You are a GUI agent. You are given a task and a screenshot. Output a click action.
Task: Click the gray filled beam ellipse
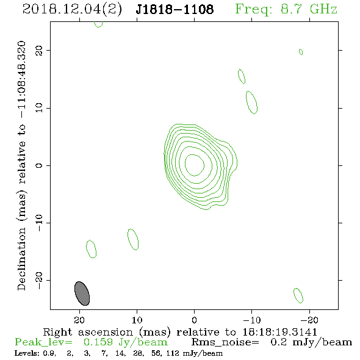tap(82, 293)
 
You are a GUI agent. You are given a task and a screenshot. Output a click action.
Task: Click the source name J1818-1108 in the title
tap(175, 9)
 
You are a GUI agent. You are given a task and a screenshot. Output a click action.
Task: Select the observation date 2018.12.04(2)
tap(72, 10)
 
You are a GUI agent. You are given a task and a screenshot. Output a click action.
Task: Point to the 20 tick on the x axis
tap(79, 320)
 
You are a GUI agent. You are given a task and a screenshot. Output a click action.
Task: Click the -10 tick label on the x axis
tap(251, 320)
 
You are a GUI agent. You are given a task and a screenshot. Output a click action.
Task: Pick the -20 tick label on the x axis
tap(309, 320)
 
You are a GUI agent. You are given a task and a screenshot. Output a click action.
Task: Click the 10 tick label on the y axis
tap(39, 107)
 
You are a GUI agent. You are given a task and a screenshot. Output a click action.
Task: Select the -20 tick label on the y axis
tap(39, 280)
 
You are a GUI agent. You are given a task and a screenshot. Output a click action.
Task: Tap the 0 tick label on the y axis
tap(39, 165)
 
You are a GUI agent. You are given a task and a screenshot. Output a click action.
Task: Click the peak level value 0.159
tap(98, 342)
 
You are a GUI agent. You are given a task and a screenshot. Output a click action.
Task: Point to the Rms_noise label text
tap(225, 342)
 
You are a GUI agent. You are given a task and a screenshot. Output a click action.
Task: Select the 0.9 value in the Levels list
tap(49, 353)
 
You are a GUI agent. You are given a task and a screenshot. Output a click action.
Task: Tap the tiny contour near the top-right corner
tap(301, 52)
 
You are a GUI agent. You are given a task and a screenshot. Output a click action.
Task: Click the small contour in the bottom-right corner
tap(298, 295)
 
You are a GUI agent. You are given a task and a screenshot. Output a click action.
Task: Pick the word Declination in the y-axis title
tap(21, 259)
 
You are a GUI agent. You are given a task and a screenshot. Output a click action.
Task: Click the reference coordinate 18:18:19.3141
tap(279, 332)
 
